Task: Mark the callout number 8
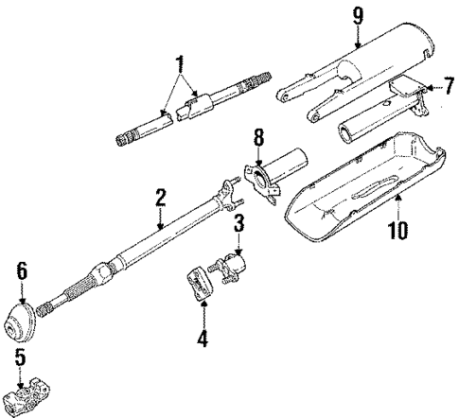coord(258,146)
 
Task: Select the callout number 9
coord(357,14)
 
